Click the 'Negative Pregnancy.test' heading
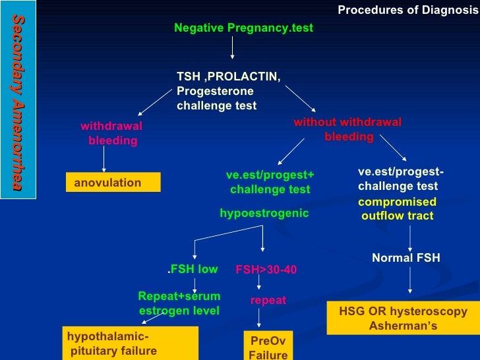(x=243, y=28)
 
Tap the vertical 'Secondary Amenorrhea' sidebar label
(x=18, y=103)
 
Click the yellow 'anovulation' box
(x=113, y=183)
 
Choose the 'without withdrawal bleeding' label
(x=347, y=130)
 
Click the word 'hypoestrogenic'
(x=264, y=214)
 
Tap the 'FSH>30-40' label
(x=266, y=270)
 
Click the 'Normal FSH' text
(x=405, y=258)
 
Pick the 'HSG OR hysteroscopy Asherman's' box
(x=403, y=318)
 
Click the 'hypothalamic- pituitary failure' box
(x=130, y=344)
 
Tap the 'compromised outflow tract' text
(x=397, y=209)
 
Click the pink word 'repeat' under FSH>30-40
(x=268, y=300)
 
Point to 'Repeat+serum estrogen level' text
(x=179, y=303)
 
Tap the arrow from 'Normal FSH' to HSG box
(x=411, y=280)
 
